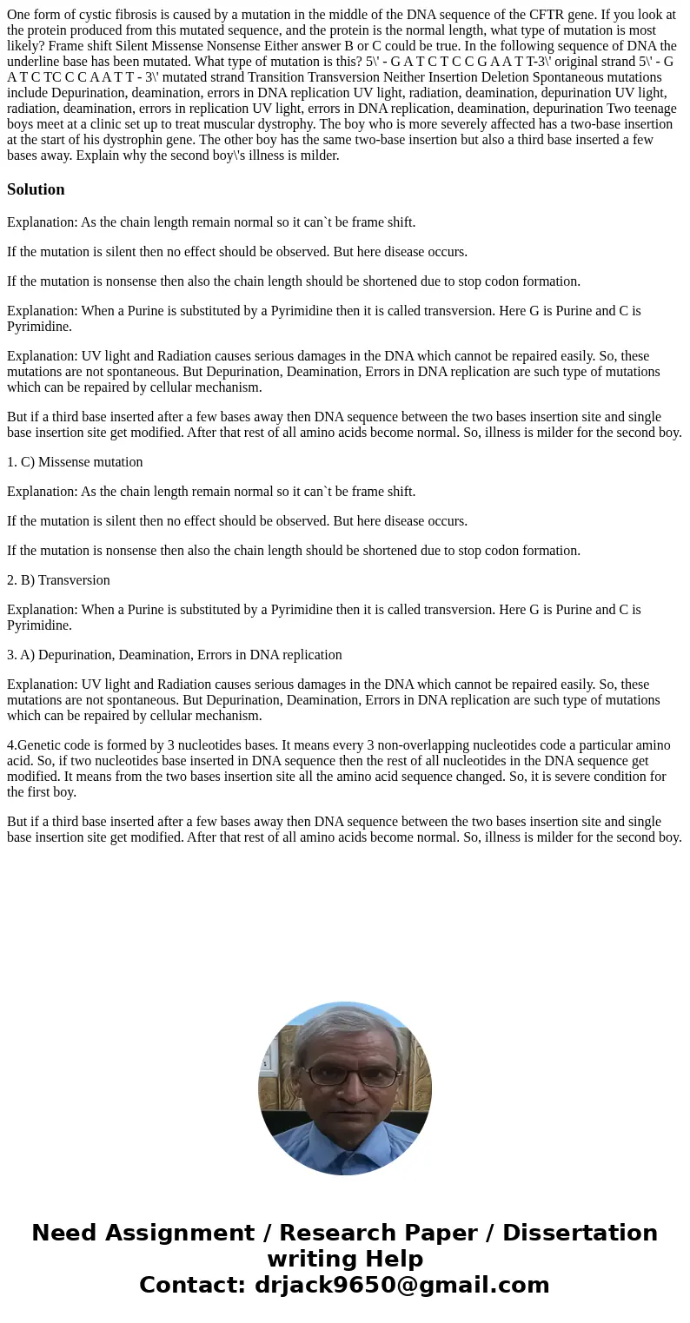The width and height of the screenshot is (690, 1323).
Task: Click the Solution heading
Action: pos(36,189)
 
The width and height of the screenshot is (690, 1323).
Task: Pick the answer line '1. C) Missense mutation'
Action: pos(75,462)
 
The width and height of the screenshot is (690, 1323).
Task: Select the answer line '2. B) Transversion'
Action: pos(58,580)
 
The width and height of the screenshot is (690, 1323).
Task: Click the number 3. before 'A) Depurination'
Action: pos(12,655)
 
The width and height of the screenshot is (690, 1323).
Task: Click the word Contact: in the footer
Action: pos(192,1285)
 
